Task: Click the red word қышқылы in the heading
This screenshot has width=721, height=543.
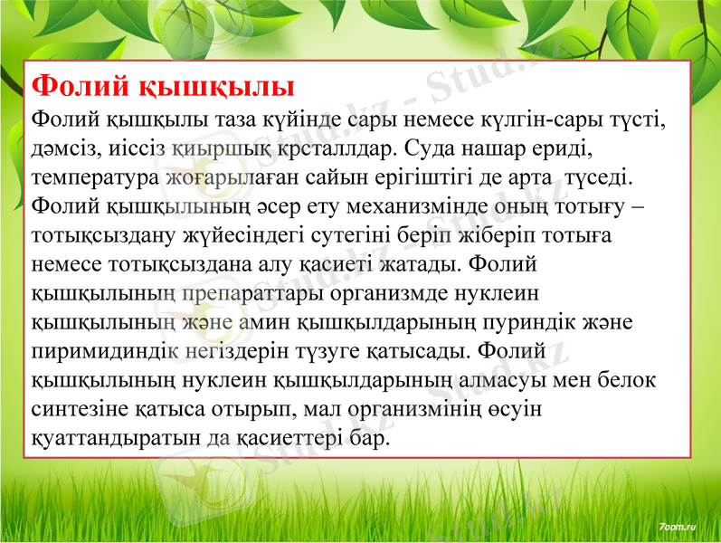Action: [x=217, y=87]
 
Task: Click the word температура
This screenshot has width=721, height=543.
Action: [x=95, y=176]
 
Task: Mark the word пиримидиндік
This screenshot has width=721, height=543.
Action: [x=108, y=351]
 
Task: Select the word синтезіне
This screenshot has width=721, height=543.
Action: [x=81, y=409]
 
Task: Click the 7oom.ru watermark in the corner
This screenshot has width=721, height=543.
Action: [x=677, y=525]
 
